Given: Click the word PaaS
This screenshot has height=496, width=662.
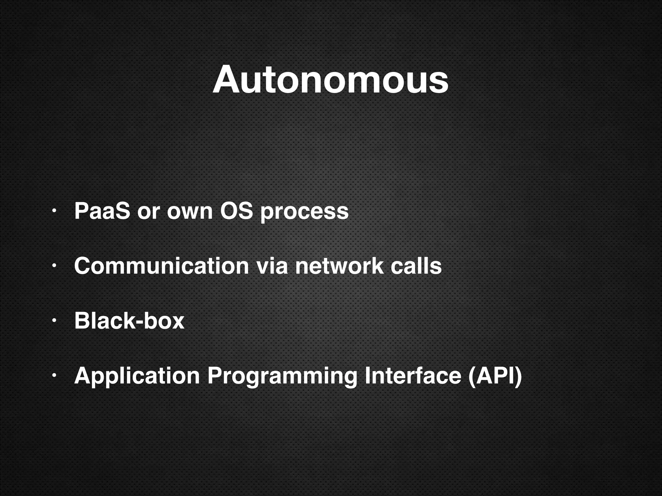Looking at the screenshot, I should [x=102, y=211].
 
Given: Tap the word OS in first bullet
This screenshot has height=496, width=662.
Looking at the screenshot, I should [x=236, y=211].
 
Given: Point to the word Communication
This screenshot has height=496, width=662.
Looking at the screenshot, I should [x=161, y=266].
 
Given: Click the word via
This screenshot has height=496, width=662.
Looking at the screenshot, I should [x=272, y=266].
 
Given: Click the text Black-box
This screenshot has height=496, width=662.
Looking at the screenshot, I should [x=129, y=321].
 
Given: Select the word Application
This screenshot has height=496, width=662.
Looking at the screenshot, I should [x=137, y=377].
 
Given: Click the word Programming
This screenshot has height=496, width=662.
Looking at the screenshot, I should [x=282, y=377].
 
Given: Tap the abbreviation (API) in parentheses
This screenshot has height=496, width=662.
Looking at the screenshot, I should [x=495, y=376].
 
